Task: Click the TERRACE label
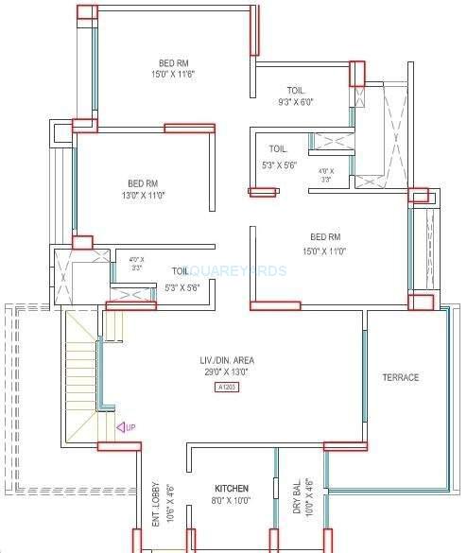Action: pos(401,378)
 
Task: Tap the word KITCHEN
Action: pos(232,490)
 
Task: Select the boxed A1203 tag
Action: pos(227,387)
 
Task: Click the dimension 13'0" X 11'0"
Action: pos(143,196)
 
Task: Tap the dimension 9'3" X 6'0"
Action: pos(294,102)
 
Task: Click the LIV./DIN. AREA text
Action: pos(227,360)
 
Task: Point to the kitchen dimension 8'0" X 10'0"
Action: pos(232,501)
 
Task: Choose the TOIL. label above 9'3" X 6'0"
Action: pos(294,91)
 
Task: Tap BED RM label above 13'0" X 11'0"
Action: pos(143,183)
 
